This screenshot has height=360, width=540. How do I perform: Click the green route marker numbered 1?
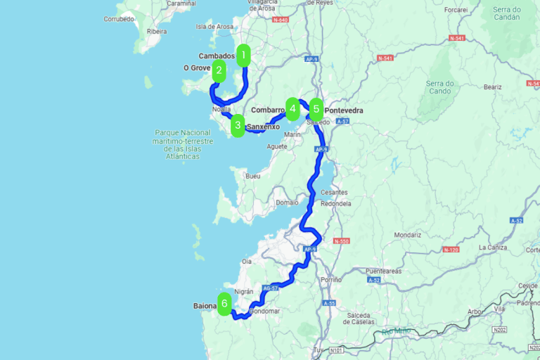coord(243,55)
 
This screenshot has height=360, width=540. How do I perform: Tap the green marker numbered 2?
coord(219,71)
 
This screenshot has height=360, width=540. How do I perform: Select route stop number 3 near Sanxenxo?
coord(238,127)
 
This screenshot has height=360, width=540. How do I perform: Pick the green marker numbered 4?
coord(292,108)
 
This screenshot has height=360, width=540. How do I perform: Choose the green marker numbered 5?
coord(316,110)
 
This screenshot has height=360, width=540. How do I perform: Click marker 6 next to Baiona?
coord(224,304)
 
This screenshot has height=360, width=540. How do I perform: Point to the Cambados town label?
coord(216,56)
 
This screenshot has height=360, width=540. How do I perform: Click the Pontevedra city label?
coord(345,110)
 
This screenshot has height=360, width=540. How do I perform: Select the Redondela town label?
coord(335,203)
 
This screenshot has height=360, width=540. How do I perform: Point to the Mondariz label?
coord(408,235)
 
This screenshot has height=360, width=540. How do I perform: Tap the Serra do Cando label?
coord(440,87)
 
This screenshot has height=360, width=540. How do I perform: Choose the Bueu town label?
coord(252,176)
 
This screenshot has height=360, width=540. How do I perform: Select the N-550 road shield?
coord(342,241)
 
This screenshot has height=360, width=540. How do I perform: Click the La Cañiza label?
coord(493,247)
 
